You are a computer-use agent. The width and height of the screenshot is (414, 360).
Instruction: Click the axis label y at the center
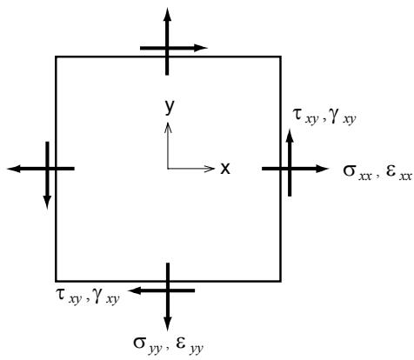(170, 107)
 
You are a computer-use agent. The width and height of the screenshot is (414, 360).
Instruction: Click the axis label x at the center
(225, 169)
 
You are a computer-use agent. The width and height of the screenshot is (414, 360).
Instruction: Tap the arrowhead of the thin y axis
(168, 128)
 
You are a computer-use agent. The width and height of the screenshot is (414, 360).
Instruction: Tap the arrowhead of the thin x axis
(209, 169)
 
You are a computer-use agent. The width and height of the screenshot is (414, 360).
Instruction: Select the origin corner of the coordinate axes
(168, 169)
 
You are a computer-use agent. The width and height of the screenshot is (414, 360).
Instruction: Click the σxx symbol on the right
(357, 171)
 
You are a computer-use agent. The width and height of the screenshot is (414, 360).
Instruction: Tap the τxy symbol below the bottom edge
(69, 297)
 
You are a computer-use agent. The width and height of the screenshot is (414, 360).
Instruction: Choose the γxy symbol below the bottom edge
(106, 297)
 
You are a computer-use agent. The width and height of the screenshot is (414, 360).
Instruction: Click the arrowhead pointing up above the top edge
(167, 15)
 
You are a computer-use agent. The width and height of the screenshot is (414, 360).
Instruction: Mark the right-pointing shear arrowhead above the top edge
(201, 48)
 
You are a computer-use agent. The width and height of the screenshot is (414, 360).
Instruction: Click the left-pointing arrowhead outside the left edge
(14, 169)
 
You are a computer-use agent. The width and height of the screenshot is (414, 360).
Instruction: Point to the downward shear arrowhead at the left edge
(47, 203)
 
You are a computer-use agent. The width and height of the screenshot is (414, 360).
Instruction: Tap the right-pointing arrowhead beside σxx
(322, 169)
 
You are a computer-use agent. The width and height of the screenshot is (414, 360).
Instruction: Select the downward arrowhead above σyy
(168, 324)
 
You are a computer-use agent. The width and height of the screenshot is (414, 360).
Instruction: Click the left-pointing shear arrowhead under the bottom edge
(134, 290)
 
